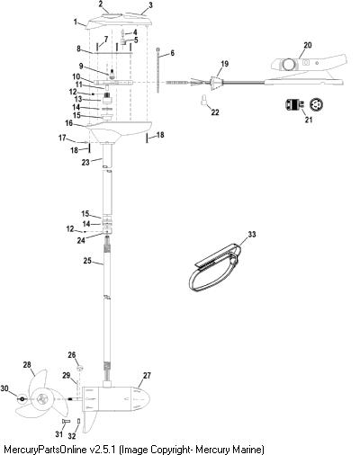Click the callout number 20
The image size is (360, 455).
click(308, 45)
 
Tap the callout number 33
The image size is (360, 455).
click(252, 234)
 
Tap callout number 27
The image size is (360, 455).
click(147, 375)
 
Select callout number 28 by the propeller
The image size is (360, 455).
click(27, 365)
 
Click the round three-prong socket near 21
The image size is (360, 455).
click(317, 104)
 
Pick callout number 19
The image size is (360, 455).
click(225, 64)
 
